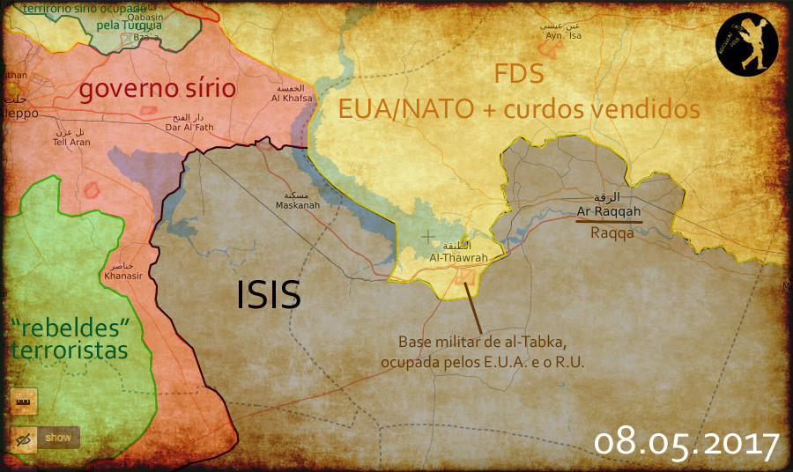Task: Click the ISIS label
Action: [269, 295]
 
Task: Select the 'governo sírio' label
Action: [158, 89]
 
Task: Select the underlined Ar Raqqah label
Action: [609, 211]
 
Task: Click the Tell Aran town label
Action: [71, 142]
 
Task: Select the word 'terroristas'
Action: [69, 350]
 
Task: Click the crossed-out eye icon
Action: [24, 437]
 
